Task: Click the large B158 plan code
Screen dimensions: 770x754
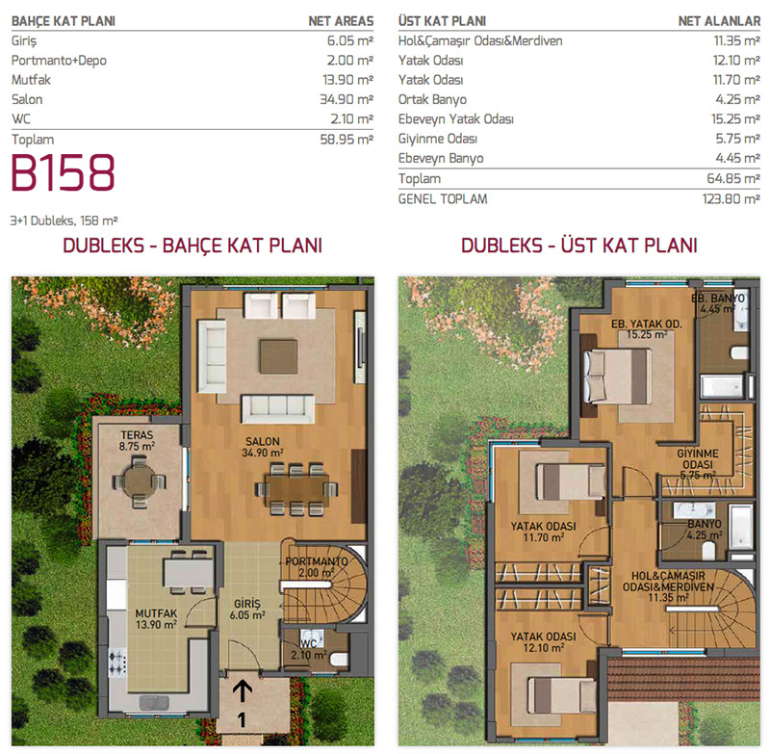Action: [x=63, y=172]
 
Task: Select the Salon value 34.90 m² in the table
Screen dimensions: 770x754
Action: [x=346, y=99]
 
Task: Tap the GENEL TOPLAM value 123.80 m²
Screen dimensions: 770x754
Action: [x=731, y=199]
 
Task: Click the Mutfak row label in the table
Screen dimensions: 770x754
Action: [x=31, y=80]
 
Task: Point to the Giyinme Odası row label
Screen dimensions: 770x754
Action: [x=438, y=139]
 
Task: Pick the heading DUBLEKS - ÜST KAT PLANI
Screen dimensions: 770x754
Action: [x=579, y=246]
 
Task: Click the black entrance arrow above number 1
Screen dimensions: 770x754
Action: [x=243, y=690]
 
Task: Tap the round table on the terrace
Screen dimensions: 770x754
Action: [x=139, y=481]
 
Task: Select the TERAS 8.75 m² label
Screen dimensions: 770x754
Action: [x=137, y=441]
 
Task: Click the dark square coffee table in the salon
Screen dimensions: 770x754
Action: [x=278, y=356]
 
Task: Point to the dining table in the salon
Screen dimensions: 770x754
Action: [x=296, y=489]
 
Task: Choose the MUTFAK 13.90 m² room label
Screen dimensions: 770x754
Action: [x=156, y=619]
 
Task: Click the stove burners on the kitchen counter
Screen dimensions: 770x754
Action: [x=117, y=662]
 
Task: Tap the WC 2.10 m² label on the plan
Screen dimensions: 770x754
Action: [x=308, y=649]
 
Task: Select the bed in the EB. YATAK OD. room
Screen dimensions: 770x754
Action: [x=617, y=377]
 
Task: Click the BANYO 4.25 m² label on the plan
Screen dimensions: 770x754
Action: [x=705, y=530]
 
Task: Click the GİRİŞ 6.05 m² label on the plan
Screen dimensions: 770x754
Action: [x=247, y=610]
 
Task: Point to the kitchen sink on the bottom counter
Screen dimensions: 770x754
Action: [x=154, y=702]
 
